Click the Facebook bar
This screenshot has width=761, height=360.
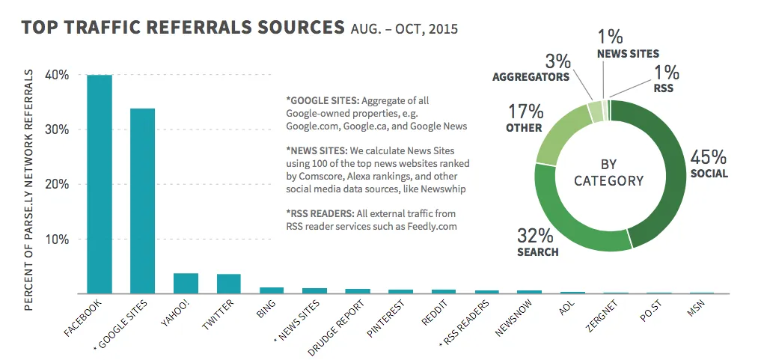pyautogui.click(x=100, y=184)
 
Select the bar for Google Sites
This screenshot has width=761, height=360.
pyautogui.click(x=142, y=201)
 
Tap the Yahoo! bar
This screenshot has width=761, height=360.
pyautogui.click(x=186, y=284)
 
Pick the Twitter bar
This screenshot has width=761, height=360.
pyautogui.click(x=229, y=284)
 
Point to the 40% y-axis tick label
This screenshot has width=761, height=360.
pyautogui.click(x=57, y=75)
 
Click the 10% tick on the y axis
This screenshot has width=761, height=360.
pyautogui.click(x=57, y=240)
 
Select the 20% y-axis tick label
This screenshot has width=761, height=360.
pyautogui.click(x=57, y=184)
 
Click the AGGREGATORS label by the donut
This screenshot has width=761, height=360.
pyautogui.click(x=531, y=76)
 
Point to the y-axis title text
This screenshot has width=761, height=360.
pyautogui.click(x=31, y=180)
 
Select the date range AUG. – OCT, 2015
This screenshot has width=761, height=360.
pyautogui.click(x=404, y=31)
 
